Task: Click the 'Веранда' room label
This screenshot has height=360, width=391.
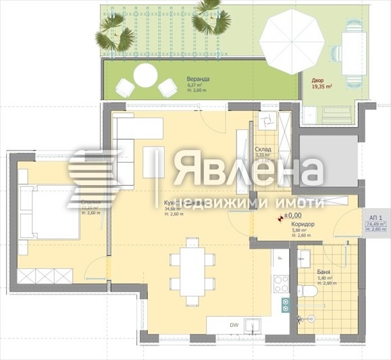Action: [x=198, y=80]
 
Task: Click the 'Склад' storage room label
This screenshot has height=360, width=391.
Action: [x=263, y=149]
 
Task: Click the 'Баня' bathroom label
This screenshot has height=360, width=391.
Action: [x=323, y=270]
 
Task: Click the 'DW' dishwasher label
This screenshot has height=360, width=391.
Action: [x=233, y=325]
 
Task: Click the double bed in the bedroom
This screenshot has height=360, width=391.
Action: [x=48, y=212]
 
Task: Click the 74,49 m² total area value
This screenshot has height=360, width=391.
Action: [x=375, y=223]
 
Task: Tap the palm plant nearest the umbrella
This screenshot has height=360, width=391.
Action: [x=211, y=22]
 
